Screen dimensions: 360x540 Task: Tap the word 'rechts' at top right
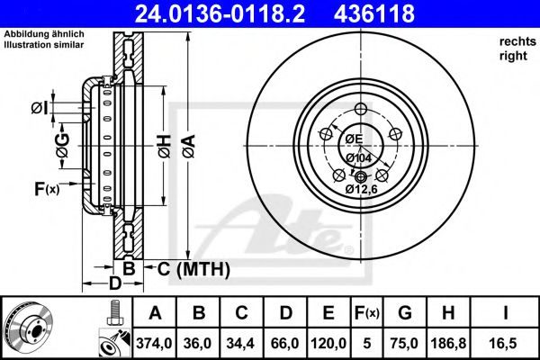511,41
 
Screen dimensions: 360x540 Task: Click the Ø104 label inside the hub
359,157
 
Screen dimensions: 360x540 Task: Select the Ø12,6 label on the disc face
362,188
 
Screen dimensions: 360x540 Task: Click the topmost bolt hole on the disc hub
361,111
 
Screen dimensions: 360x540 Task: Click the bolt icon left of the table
112,313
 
